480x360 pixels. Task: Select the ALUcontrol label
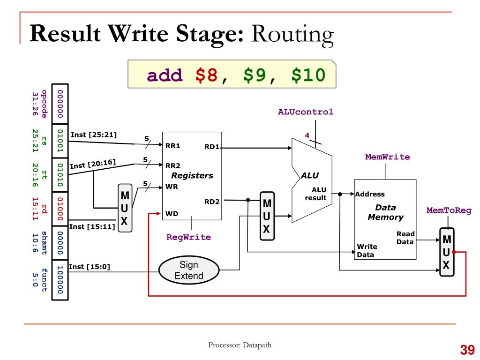tap(306, 112)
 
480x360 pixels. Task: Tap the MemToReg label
tap(449, 210)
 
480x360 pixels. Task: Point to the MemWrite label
tap(387, 157)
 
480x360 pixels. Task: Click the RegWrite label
tap(188, 237)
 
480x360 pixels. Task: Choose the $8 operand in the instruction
tap(207, 75)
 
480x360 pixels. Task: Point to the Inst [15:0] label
tap(89, 267)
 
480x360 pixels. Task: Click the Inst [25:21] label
tap(93, 135)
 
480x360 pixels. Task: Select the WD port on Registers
tap(172, 214)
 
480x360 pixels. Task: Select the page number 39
tap(467, 350)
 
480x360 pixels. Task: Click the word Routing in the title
tap(293, 35)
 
